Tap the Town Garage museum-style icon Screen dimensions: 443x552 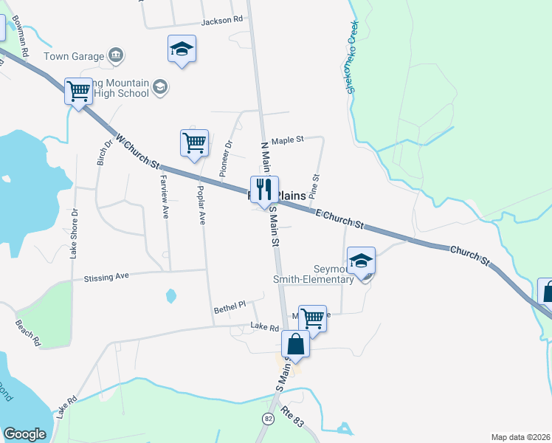click(115, 55)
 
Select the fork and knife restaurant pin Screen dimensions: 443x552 click(264, 190)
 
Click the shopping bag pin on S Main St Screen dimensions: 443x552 click(295, 345)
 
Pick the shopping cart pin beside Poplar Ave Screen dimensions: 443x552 click(194, 142)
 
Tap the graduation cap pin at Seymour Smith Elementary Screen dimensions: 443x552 click(361, 261)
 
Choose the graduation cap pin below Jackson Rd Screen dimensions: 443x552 click(182, 49)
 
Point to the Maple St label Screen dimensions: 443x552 click(288, 140)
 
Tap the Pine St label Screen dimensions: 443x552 click(314, 184)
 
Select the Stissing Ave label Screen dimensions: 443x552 click(106, 277)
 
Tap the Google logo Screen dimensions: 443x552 click(25, 434)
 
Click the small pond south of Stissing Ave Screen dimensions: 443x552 click(171, 296)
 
